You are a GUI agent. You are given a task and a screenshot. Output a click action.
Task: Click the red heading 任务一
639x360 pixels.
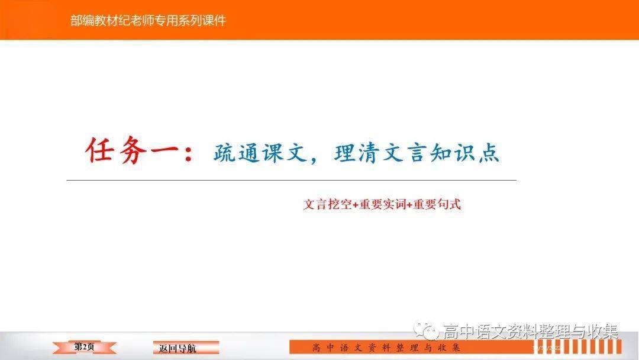coord(133,150)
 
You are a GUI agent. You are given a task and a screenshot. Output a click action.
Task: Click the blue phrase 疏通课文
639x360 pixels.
coord(260,153)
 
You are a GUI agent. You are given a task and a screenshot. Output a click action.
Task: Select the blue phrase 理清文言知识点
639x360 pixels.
coord(417,153)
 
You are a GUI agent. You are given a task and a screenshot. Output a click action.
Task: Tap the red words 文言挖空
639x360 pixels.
coord(327,204)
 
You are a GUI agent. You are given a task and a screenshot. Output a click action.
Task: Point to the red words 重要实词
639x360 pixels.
coord(382,204)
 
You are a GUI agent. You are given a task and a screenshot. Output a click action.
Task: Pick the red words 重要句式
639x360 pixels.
coord(437,204)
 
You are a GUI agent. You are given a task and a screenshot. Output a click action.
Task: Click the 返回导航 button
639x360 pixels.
coord(186,348)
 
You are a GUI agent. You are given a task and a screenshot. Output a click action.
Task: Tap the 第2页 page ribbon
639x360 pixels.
coord(85,347)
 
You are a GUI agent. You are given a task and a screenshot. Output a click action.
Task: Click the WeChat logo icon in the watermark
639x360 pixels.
coord(426,330)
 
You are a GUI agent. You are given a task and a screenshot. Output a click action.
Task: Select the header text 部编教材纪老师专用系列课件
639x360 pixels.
coord(148,20)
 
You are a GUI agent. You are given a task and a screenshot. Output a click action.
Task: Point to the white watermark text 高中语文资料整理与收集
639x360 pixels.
coord(530,331)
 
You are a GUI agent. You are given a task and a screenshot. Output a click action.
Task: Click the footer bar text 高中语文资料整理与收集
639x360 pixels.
coord(386,348)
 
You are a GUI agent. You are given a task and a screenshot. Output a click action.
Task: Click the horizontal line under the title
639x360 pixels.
coord(291,180)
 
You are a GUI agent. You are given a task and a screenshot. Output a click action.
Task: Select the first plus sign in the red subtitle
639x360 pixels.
coord(355,205)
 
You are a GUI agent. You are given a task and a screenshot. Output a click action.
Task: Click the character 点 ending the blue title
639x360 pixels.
coord(489,153)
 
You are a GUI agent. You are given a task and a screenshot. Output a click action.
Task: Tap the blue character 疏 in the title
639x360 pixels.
coord(224,153)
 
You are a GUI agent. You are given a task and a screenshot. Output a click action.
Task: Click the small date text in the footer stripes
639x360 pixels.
coord(547,348)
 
